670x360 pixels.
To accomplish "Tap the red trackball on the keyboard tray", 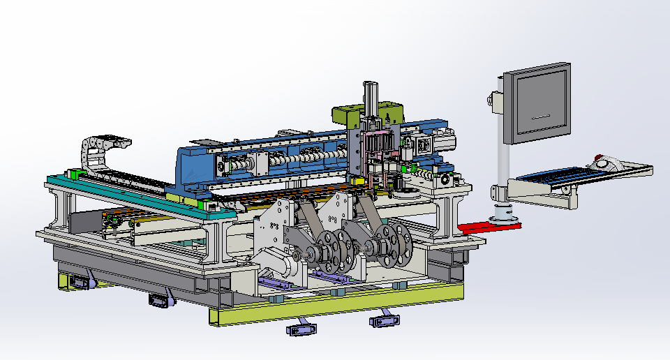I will pos(599,158).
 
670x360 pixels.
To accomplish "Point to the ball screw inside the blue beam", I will pos(307,157).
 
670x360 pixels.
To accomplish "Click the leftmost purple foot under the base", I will pos(79,283).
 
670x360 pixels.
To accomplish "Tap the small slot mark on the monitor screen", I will pos(541,117).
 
